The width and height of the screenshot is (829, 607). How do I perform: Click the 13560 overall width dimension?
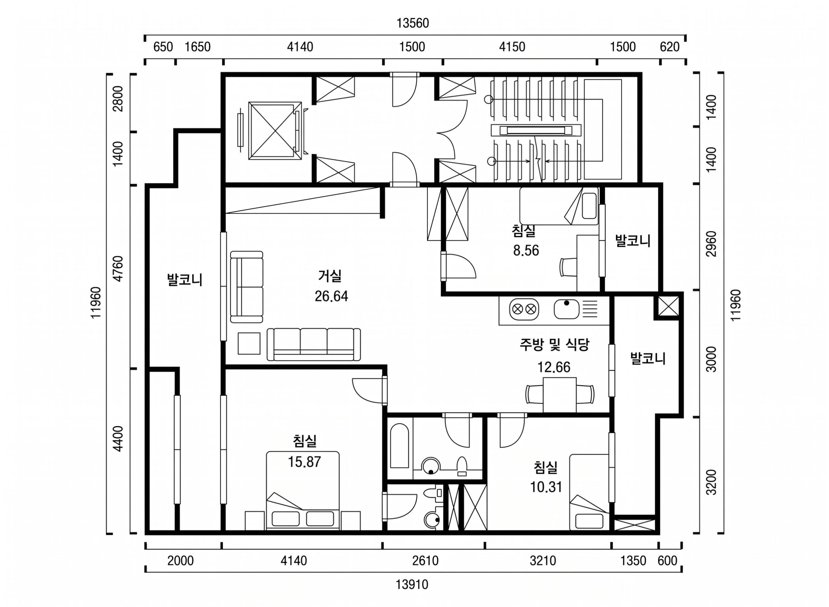coord(413,23)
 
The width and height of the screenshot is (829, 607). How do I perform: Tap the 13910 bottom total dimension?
coord(412,584)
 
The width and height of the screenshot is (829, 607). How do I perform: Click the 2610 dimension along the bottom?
coord(425,561)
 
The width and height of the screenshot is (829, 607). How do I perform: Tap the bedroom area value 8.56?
coord(526,250)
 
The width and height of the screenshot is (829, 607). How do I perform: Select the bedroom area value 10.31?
coord(546,487)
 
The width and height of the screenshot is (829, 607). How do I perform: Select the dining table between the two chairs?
coord(559,395)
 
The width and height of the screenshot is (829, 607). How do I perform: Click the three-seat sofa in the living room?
coord(313,344)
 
